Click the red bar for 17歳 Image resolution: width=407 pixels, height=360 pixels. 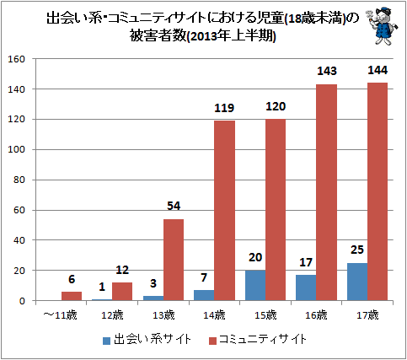pos(378,191)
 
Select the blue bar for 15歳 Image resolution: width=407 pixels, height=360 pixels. pos(255,285)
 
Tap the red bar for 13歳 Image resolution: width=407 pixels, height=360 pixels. pos(174,260)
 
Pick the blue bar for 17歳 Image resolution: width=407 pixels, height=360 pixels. pos(357,282)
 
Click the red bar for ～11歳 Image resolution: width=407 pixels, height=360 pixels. pos(72,296)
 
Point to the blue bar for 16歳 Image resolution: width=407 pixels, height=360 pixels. pos(306,287)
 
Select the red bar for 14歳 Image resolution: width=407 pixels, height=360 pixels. pos(224,211)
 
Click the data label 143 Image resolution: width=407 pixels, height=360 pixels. pos(327,71)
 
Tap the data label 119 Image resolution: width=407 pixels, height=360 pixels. pos(224,108)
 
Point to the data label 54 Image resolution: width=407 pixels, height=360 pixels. pos(174,206)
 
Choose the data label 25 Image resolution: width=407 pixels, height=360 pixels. pos(357,250)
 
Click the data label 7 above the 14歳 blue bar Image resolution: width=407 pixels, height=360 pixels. pos(204,277)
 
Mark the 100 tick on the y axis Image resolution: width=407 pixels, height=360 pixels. pos(17,149)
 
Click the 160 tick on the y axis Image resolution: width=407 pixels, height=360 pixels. pos(17,59)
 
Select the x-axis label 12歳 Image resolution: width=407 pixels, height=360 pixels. pos(112,315)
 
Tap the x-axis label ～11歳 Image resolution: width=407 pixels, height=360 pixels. pos(60,315)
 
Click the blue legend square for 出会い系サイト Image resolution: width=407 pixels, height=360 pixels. pos(106,341)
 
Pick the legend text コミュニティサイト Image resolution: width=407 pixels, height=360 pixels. pos(263,340)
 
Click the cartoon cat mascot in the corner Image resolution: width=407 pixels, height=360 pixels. pos(383,26)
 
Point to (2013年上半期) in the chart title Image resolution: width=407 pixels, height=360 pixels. pos(231,36)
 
